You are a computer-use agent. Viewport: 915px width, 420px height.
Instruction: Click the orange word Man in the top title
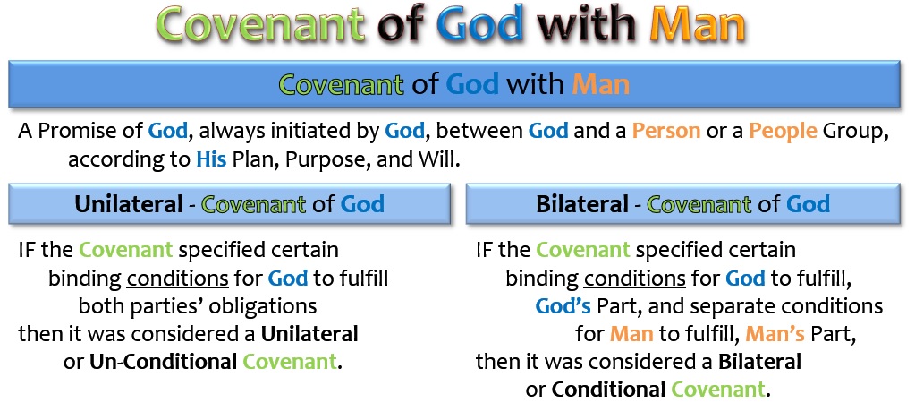(698, 25)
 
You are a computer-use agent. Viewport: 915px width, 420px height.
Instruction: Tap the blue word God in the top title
(479, 25)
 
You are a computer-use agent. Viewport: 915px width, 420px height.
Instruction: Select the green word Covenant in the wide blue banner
(341, 84)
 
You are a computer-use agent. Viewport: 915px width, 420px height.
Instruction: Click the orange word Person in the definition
(666, 130)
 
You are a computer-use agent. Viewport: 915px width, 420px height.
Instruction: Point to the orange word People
(784, 131)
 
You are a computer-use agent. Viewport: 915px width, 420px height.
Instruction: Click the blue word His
(211, 159)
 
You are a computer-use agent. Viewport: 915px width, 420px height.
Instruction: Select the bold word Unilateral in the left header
(129, 204)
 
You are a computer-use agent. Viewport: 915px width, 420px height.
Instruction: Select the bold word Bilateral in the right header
(581, 204)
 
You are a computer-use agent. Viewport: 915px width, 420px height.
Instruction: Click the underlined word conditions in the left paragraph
(177, 278)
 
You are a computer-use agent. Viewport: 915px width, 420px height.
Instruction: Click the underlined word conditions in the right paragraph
(635, 278)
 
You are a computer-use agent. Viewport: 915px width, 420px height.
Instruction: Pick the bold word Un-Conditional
(163, 362)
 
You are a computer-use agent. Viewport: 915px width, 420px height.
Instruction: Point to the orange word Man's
(775, 333)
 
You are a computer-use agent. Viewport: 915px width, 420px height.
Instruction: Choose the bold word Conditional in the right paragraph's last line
(608, 389)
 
